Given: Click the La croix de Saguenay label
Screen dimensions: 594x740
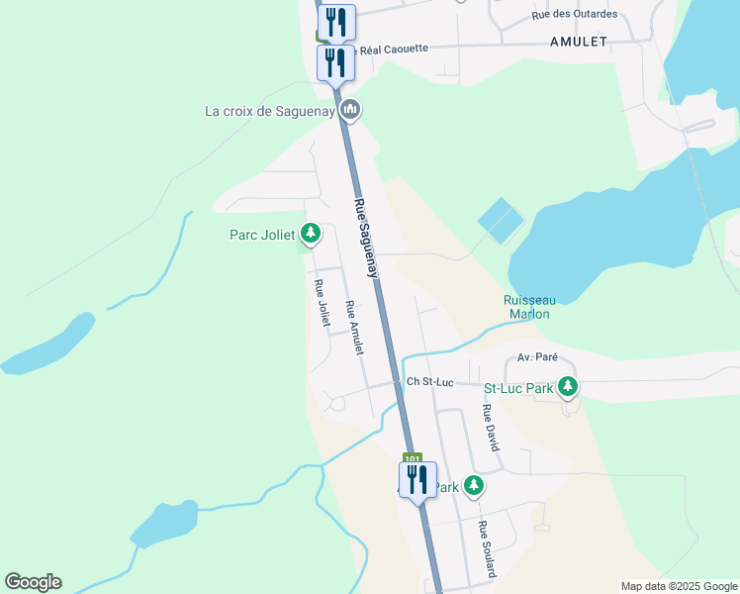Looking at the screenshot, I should point(269,111).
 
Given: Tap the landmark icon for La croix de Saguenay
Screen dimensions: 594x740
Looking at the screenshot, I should point(348,110).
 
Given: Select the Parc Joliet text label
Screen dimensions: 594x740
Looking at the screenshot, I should point(262,235).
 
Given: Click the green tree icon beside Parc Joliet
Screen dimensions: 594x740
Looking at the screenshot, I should point(311,234).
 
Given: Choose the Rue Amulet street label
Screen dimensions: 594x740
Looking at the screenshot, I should point(354,328).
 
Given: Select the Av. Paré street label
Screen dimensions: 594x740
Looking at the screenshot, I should point(539,357).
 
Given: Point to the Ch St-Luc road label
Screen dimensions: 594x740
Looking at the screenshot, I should point(429,382).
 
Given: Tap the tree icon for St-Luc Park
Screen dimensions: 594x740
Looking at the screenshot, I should point(568,387).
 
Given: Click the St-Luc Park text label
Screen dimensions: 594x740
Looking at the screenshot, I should point(517,388).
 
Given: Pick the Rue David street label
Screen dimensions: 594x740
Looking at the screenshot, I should point(489,428).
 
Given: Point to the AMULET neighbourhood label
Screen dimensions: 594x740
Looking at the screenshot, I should point(579,42).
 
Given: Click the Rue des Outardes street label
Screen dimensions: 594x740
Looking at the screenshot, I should point(574,14).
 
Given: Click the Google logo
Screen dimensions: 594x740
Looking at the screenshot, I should point(34,582).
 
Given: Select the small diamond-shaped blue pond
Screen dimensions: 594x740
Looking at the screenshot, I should point(501,221).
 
